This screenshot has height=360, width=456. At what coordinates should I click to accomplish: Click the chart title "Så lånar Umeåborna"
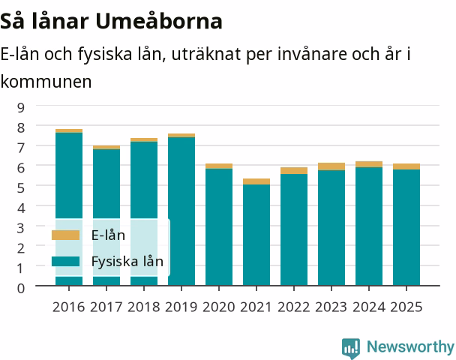coord(111,21)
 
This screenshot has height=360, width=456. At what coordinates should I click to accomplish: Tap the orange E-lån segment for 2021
coord(256,181)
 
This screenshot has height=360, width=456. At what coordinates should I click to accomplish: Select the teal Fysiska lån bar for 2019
coord(181,211)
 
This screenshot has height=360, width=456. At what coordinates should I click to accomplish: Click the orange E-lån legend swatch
coord(65,235)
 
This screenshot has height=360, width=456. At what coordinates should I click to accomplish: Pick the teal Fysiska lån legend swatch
coord(65,261)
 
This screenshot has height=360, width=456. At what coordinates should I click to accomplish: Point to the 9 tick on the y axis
coord(21,107)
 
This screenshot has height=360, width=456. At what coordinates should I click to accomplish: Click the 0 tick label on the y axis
coord(21,288)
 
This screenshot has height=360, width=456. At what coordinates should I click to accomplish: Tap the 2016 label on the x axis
coord(69,307)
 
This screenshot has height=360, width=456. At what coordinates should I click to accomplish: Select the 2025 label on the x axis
coord(406,307)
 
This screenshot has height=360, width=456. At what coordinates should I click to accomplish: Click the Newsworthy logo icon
coord(351,348)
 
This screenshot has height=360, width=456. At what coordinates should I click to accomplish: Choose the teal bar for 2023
coord(331,228)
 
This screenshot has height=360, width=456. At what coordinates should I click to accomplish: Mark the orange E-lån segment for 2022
coord(294,171)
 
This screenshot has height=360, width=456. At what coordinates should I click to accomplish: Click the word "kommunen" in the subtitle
coord(46,82)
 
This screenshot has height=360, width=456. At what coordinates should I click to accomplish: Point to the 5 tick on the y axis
coord(21,187)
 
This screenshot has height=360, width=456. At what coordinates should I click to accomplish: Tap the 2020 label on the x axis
coord(219,307)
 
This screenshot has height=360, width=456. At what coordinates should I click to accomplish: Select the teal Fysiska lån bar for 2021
coord(256,235)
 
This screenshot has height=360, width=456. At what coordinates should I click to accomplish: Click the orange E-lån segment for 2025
coord(406,166)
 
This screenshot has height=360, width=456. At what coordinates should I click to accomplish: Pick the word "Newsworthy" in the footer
coord(411,347)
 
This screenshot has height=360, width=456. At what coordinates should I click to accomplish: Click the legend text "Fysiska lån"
coord(127,262)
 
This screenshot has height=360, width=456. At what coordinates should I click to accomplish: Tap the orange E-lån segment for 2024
coord(369,164)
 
